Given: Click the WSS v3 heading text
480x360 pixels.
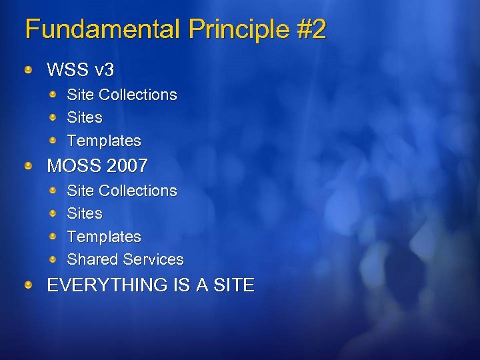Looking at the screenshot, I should [x=80, y=69].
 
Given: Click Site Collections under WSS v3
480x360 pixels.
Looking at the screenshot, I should [x=122, y=95].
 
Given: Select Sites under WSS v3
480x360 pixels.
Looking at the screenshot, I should [x=85, y=117].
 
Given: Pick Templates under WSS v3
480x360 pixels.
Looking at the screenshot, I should [x=104, y=141].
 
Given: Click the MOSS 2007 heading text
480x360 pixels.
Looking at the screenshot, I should [x=97, y=165].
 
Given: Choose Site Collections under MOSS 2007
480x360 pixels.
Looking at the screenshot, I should [x=122, y=191].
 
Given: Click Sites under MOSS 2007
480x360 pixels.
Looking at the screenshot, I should [x=85, y=213].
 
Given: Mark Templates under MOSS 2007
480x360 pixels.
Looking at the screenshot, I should [x=104, y=237].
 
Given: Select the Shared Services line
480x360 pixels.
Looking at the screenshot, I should [x=125, y=259].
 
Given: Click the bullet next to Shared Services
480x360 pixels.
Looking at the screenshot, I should [x=52, y=259].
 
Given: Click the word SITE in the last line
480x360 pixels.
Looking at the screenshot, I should [x=234, y=285].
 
